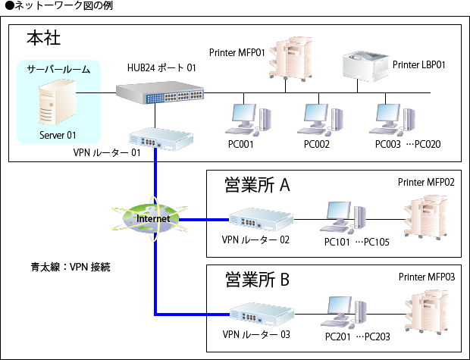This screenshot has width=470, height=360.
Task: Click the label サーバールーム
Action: (58, 69)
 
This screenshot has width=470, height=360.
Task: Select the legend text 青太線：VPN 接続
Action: (71, 267)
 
